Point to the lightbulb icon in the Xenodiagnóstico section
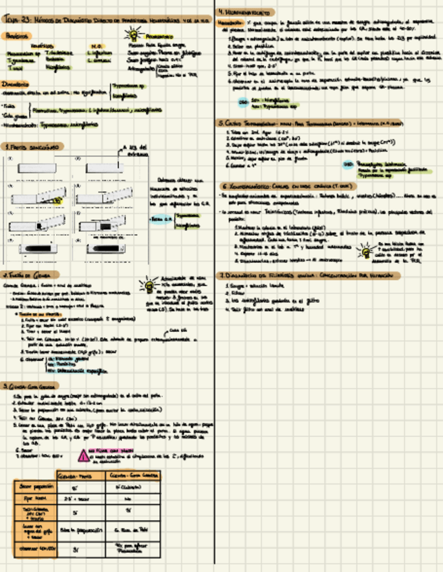pyautogui.click(x=365, y=252)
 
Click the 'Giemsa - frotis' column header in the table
pyautogui.click(x=76, y=476)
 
